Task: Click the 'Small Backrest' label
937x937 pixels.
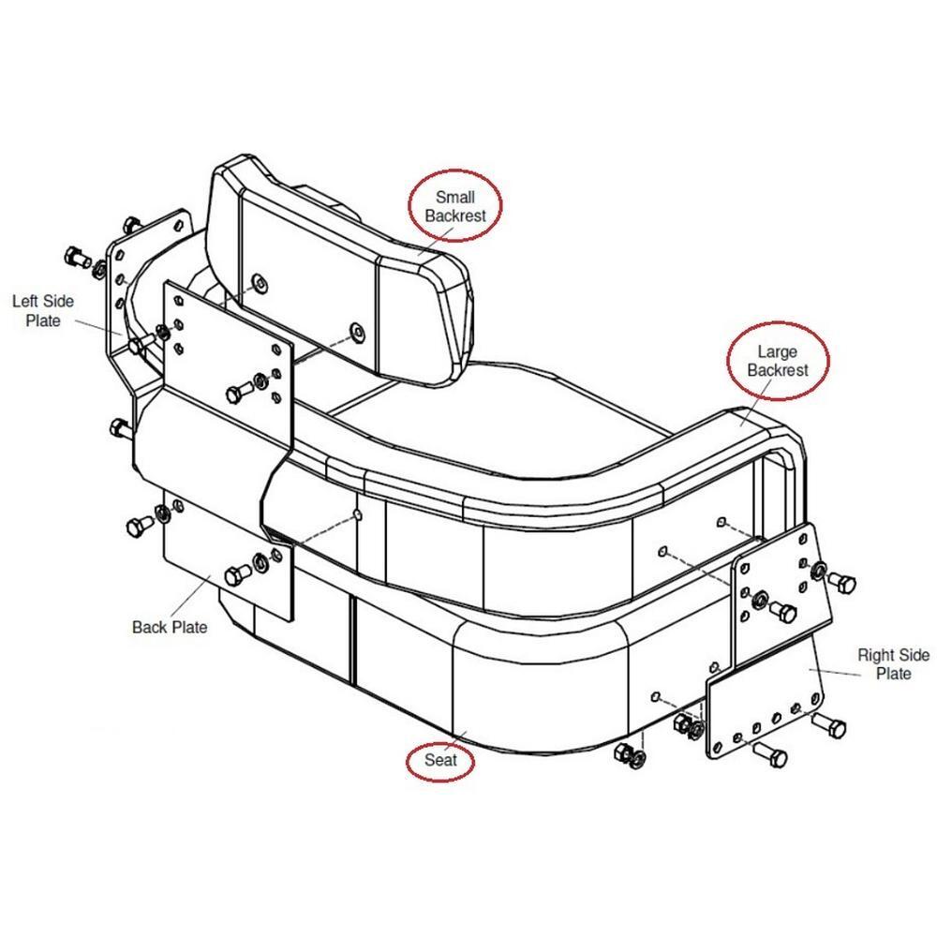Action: (x=455, y=206)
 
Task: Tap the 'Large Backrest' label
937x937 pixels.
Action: (x=778, y=361)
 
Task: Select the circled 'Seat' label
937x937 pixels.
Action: (x=440, y=760)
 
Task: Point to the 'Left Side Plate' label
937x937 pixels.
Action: (x=43, y=311)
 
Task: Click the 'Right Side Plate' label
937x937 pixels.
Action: (x=893, y=664)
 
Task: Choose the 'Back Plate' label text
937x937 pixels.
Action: (x=170, y=628)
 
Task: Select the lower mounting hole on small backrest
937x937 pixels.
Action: (x=357, y=331)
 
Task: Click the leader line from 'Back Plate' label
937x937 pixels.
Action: (x=190, y=595)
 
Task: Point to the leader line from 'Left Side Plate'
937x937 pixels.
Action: (x=99, y=327)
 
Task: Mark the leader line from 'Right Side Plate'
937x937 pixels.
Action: (x=835, y=672)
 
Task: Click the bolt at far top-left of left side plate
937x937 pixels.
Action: (x=77, y=258)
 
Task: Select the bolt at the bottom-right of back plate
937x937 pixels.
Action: (x=238, y=575)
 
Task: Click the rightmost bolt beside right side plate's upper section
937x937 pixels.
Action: (x=842, y=582)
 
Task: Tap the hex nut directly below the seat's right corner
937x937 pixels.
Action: (x=624, y=752)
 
